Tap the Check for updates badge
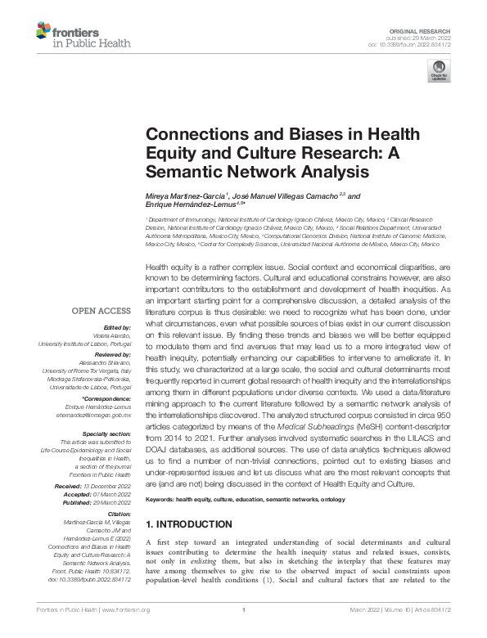tap(439, 70)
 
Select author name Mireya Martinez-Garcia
tap(179, 197)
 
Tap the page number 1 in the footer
tap(244, 610)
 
